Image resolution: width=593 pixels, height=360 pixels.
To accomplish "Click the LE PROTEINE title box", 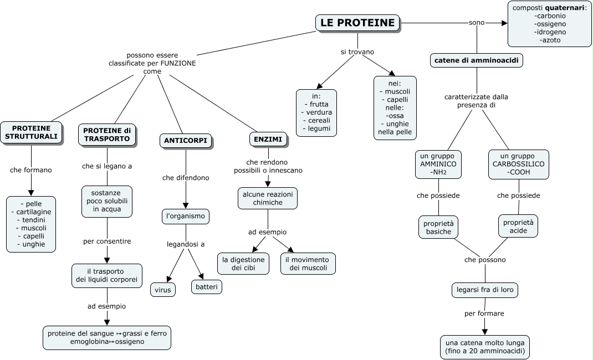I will [357, 23].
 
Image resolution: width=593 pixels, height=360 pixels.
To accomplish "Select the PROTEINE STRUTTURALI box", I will [31, 132].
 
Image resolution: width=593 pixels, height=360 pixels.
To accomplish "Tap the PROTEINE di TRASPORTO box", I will [107, 134].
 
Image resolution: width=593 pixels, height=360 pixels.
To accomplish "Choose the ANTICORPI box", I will [186, 141].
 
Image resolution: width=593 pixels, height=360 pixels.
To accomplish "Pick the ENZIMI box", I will [269, 140].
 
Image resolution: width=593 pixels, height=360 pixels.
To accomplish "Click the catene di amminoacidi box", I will [477, 60].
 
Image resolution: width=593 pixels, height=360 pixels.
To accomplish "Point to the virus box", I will [163, 289].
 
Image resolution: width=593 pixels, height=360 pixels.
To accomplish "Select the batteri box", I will [207, 286].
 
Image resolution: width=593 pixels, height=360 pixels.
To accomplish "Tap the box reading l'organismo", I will [186, 216].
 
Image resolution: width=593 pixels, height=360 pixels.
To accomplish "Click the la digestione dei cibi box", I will [243, 264].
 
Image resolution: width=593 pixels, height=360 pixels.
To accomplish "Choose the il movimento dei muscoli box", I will [308, 264].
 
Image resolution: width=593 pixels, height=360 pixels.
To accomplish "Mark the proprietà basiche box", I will [438, 227].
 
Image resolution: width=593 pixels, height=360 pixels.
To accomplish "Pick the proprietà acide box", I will [518, 225].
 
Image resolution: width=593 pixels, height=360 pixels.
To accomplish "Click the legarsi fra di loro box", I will [485, 290].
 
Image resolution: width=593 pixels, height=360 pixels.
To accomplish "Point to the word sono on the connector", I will [476, 23].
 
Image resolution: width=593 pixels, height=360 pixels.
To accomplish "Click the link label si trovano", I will [357, 52].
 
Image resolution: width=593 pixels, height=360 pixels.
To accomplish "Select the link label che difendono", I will [186, 178].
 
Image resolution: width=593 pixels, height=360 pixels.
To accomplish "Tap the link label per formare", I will [484, 313].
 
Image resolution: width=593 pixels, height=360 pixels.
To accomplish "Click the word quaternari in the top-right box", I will [565, 8].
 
